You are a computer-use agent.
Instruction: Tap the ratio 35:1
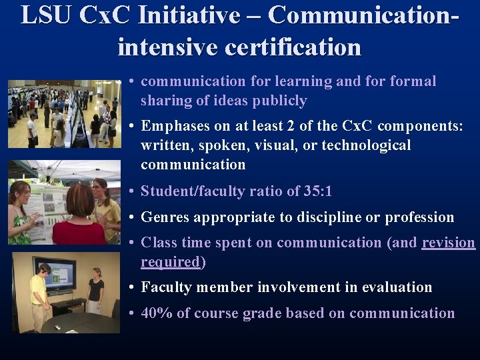click(x=317, y=191)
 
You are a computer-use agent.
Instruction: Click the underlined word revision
click(x=449, y=243)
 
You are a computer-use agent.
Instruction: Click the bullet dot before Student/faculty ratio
click(x=133, y=192)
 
